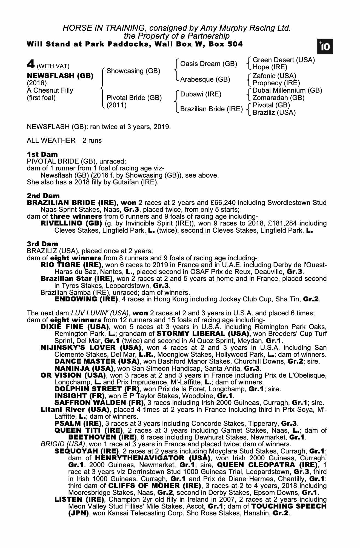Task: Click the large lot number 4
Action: (x=31, y=64)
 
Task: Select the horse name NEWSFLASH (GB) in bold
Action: (x=60, y=76)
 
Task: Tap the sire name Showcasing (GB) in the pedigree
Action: (x=133, y=71)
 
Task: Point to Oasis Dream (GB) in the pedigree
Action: (x=208, y=64)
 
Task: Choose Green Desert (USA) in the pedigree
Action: (x=284, y=60)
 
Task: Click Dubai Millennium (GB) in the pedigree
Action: (x=287, y=90)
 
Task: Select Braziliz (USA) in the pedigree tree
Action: (x=274, y=113)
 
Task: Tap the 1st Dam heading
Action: (x=42, y=154)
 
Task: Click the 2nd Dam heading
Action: (x=43, y=196)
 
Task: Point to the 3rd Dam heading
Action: (x=42, y=244)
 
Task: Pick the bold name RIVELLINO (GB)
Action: (x=71, y=223)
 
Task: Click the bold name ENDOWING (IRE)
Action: (x=86, y=299)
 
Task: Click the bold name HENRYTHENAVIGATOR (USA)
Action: (x=152, y=458)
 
